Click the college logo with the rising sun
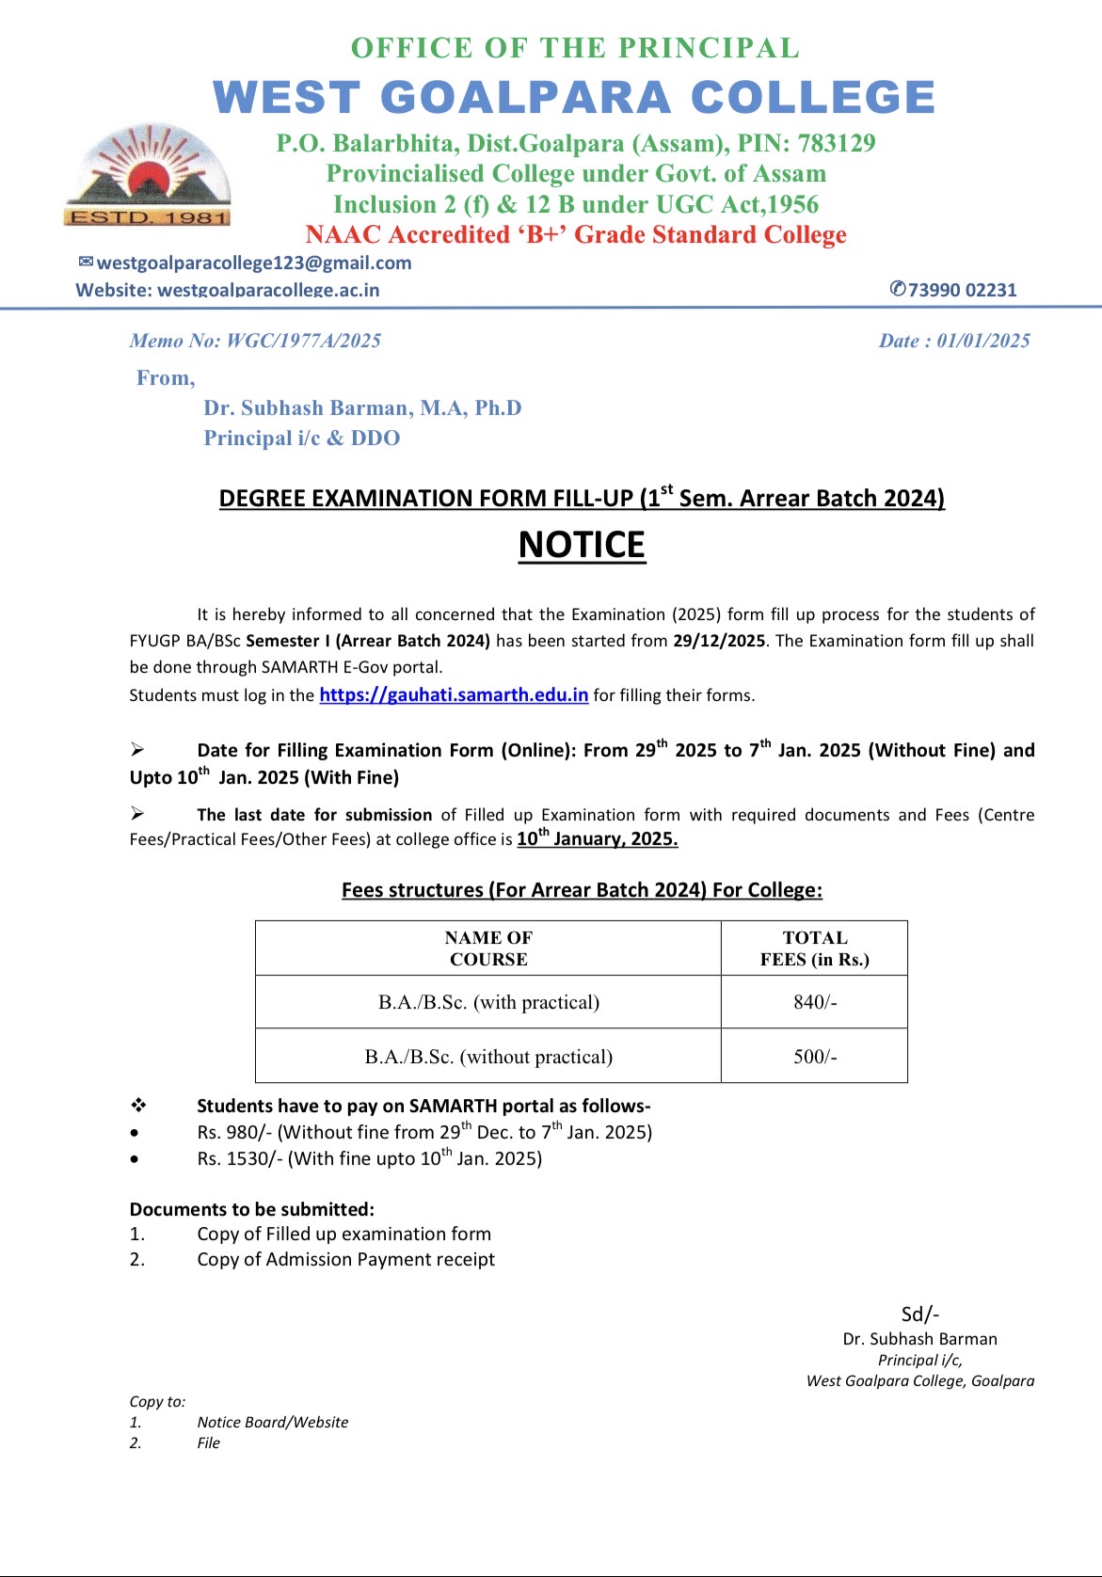click(148, 176)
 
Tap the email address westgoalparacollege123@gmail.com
click(253, 263)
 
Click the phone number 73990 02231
click(961, 290)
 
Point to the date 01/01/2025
click(983, 341)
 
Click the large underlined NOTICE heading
click(582, 546)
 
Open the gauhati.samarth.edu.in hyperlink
click(454, 695)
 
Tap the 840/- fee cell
click(814, 1002)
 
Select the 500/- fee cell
click(814, 1057)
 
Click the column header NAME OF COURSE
click(488, 948)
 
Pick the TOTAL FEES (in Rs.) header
click(814, 948)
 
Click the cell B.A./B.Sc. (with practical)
click(488, 1002)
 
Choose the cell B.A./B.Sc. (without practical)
click(488, 1057)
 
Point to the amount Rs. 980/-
click(234, 1133)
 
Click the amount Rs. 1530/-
click(239, 1159)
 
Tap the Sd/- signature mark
click(919, 1314)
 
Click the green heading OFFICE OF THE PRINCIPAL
click(575, 48)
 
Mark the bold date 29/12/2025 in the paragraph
click(719, 642)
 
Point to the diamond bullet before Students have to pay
click(138, 1106)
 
